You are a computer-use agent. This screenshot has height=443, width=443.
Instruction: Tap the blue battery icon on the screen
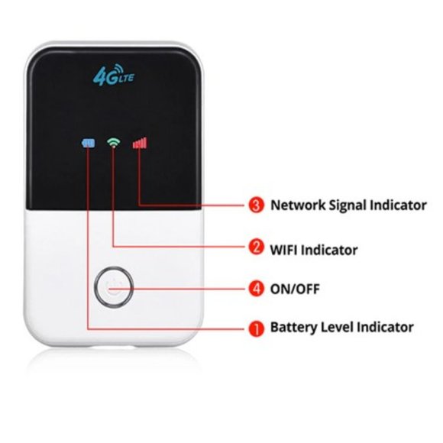(89, 143)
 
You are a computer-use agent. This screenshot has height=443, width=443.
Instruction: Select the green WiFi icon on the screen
(114, 142)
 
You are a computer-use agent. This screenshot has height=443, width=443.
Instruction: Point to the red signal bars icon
(139, 142)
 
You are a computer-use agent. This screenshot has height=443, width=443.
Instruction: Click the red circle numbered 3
(256, 205)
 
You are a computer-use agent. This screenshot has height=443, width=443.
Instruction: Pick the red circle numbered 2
(256, 248)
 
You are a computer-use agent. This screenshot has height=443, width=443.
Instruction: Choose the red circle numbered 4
(256, 289)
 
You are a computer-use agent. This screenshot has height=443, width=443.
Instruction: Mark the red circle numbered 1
(256, 328)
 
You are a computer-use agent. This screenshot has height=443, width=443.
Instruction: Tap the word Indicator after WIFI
(331, 249)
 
